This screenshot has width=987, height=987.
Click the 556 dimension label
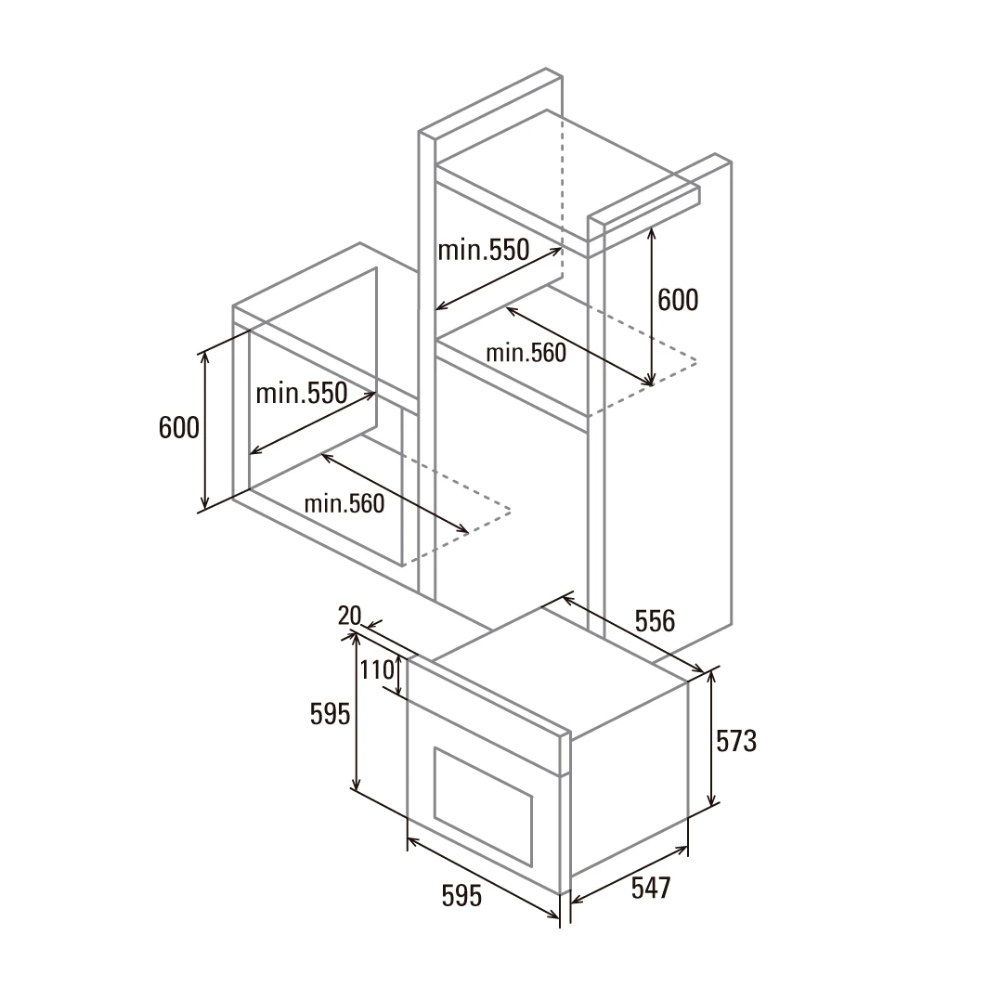[x=655, y=620]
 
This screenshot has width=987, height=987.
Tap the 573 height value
[x=736, y=741]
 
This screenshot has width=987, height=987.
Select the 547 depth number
[x=651, y=888]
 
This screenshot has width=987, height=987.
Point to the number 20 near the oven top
[x=349, y=616]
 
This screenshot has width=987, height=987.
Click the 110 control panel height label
[x=377, y=669]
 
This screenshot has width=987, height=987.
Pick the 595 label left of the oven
[x=330, y=714]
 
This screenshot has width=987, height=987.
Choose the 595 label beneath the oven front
[x=461, y=895]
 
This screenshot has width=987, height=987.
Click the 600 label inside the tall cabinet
[x=678, y=300]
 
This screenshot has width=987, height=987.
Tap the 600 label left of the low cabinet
[x=179, y=428]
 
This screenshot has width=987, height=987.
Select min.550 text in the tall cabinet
[x=484, y=250]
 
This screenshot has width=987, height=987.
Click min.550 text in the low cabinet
[x=302, y=394]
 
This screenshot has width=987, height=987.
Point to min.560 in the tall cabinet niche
[x=526, y=353]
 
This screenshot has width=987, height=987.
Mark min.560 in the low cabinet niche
[x=344, y=503]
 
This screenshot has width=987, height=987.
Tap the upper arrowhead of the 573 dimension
[x=712, y=675]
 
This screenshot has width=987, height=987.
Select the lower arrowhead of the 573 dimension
[x=712, y=800]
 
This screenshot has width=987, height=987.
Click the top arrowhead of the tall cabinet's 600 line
[x=652, y=232]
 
